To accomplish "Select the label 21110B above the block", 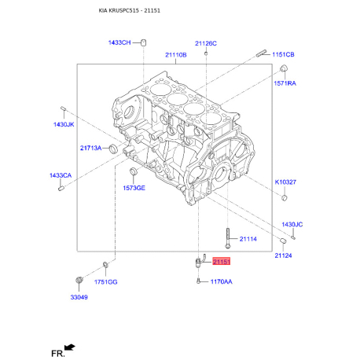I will click(176, 55).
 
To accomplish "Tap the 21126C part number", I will click(206, 42).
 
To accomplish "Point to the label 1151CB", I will click(284, 54).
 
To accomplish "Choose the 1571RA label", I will click(285, 83).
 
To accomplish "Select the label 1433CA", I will click(61, 175).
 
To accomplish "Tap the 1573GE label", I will click(134, 188).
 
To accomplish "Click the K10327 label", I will click(285, 182).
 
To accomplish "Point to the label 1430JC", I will click(292, 224).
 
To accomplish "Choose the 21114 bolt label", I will click(248, 238).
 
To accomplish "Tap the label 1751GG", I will click(106, 281).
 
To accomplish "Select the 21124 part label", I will click(283, 255).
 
